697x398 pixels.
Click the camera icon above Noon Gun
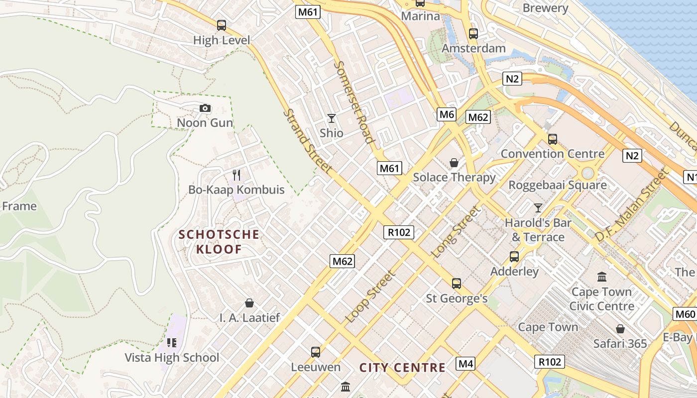(205, 108)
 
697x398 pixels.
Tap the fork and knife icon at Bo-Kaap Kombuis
(236, 175)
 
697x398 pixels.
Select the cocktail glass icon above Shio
(332, 118)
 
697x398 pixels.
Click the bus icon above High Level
(222, 25)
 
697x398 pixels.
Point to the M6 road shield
(447, 114)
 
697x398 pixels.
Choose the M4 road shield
(465, 364)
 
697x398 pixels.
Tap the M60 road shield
(685, 314)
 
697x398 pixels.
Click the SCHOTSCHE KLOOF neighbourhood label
(219, 242)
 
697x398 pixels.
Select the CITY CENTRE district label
(402, 368)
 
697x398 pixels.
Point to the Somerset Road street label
(353, 102)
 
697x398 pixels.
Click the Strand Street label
(307, 141)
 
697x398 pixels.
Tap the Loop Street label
(371, 297)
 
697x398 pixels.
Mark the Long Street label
(457, 232)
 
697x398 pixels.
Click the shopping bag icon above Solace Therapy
(454, 163)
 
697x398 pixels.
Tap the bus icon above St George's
(457, 284)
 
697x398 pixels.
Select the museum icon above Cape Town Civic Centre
(602, 277)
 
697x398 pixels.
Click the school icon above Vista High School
(172, 342)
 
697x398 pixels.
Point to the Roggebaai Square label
(557, 185)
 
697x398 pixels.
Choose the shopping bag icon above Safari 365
(620, 329)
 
